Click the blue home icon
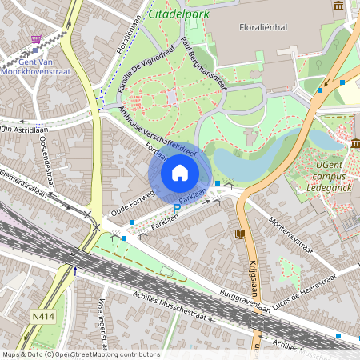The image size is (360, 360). pyautogui.click(x=180, y=172)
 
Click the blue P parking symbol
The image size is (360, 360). pyautogui.click(x=178, y=209)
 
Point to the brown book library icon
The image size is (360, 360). pyautogui.click(x=241, y=234)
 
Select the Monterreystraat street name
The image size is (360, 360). pyautogui.click(x=290, y=234)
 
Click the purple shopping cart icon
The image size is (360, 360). pyautogui.click(x=35, y=38)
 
